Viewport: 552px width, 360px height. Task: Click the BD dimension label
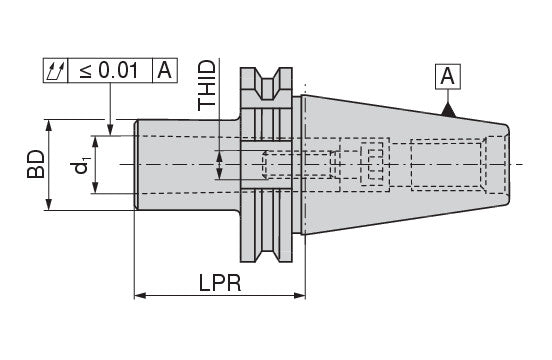[36, 164]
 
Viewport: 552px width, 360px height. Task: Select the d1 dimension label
[81, 166]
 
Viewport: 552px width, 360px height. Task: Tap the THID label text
[206, 86]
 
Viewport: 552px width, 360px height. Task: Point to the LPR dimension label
[220, 283]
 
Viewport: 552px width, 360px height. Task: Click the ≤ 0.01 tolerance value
[109, 70]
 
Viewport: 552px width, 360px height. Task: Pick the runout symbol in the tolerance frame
[56, 71]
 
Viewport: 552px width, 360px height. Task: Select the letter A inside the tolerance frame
[164, 70]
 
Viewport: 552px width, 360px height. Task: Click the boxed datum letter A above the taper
[447, 76]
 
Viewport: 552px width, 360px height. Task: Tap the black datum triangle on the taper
[448, 110]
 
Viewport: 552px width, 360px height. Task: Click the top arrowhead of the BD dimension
[49, 126]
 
